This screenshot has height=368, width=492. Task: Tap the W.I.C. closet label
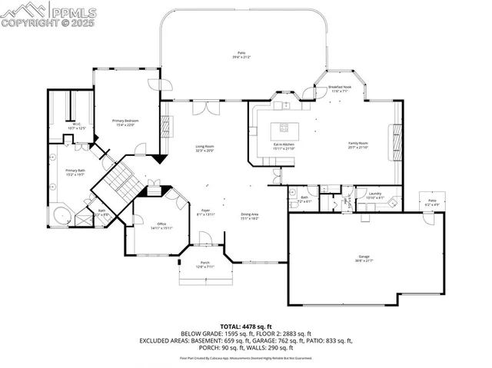click(76, 125)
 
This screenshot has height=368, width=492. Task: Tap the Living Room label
click(204, 148)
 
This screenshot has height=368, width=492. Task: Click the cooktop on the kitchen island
click(284, 127)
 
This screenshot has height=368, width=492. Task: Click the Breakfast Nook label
click(340, 88)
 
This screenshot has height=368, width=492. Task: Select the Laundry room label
click(375, 195)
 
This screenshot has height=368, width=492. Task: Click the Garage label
click(364, 259)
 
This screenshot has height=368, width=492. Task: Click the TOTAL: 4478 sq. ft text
click(245, 325)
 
